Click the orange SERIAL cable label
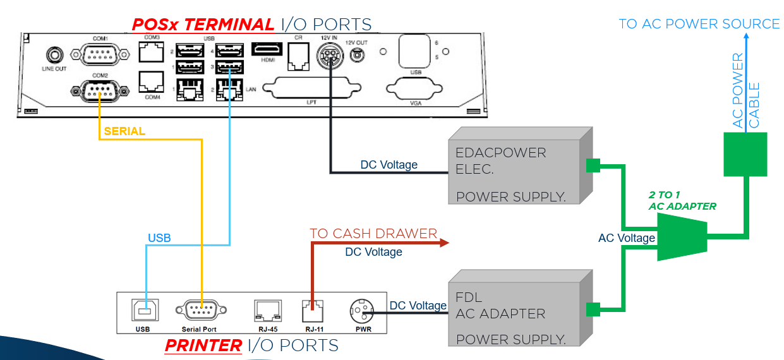[x=124, y=131]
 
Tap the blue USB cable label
[x=159, y=238]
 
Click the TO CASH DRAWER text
[x=373, y=234]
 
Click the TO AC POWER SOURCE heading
[x=699, y=24]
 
